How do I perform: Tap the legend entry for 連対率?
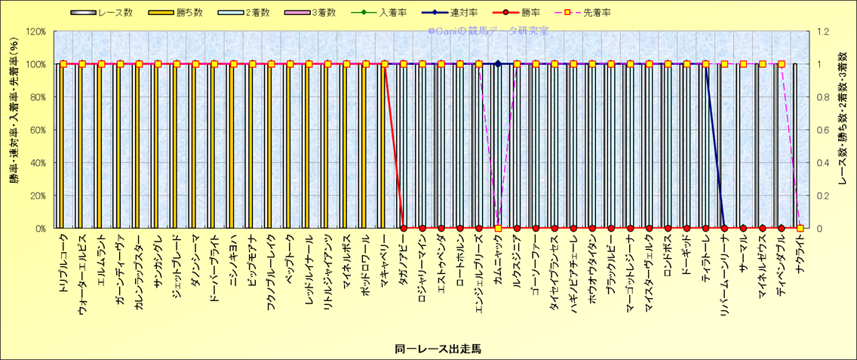477,13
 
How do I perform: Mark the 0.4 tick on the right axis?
819,162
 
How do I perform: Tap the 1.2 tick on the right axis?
819,32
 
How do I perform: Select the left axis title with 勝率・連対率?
14,130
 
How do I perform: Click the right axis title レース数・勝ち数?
843,130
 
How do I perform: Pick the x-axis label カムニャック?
498,261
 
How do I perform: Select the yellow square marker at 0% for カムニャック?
498,228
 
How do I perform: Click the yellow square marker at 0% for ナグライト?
800,228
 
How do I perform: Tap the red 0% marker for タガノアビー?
404,228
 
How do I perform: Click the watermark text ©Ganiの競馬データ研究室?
488,31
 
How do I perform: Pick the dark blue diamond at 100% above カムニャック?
498,63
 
